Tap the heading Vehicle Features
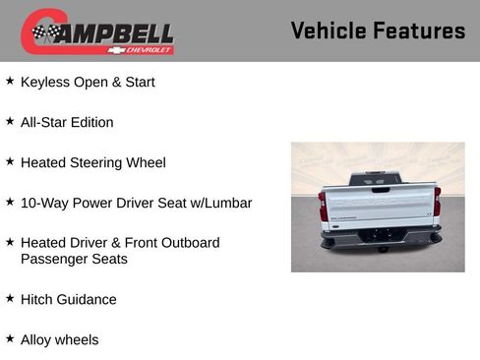coord(378,30)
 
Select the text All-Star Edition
coord(67,123)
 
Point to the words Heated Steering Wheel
coord(93,162)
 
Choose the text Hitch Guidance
coord(69,300)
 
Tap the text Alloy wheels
coord(60,340)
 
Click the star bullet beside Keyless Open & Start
coord(10,82)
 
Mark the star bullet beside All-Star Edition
coord(10,121)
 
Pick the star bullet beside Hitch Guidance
coord(10,298)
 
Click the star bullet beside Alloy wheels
coord(10,338)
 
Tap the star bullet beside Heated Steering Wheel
coord(10,161)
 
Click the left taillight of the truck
coord(323,206)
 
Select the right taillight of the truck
coord(437,204)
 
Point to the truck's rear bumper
coord(380,236)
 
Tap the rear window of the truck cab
coord(379,179)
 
